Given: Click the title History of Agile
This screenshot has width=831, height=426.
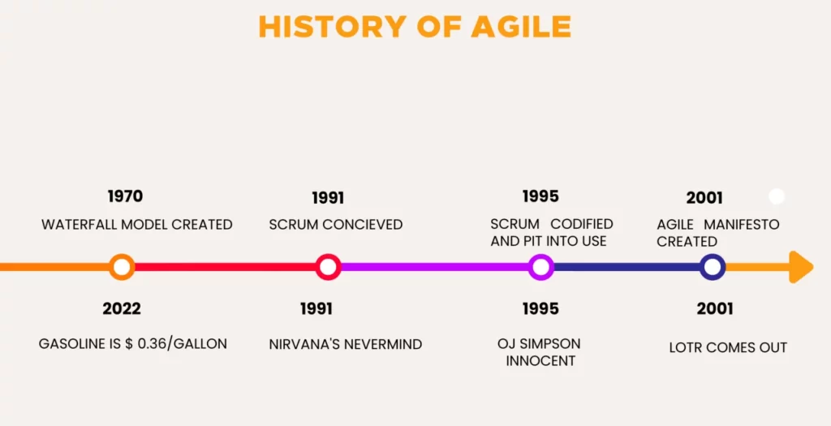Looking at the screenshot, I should tap(415, 27).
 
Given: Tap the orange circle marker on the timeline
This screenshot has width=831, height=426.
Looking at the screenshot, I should tap(122, 267).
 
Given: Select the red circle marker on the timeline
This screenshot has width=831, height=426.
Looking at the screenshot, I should tap(328, 267).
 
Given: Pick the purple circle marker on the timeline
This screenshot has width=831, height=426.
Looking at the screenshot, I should tap(540, 267).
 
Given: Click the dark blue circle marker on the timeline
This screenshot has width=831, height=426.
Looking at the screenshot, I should tap(713, 267).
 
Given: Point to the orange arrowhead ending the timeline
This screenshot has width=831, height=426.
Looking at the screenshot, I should tap(801, 267).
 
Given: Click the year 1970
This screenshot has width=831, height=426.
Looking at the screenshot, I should tap(125, 196).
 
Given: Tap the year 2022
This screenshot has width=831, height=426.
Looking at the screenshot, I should tap(122, 308).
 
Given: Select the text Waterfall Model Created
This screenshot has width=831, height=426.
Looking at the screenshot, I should tap(136, 224).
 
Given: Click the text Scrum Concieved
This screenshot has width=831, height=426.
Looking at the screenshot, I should tap(336, 224).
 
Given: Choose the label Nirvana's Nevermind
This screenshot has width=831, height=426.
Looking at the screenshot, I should tap(346, 344).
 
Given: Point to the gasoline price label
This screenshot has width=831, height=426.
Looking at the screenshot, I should tap(133, 344).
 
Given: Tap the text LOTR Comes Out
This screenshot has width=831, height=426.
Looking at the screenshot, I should tap(728, 347).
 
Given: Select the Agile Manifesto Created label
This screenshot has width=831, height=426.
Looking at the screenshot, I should tap(717, 232).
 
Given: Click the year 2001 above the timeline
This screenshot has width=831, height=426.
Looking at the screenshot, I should tap(704, 198).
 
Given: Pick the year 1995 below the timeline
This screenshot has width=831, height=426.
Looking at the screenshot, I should tap(540, 308).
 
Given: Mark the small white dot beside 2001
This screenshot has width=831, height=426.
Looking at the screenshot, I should tap(777, 196).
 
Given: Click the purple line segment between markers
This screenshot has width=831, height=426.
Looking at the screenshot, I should tap(434, 267).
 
